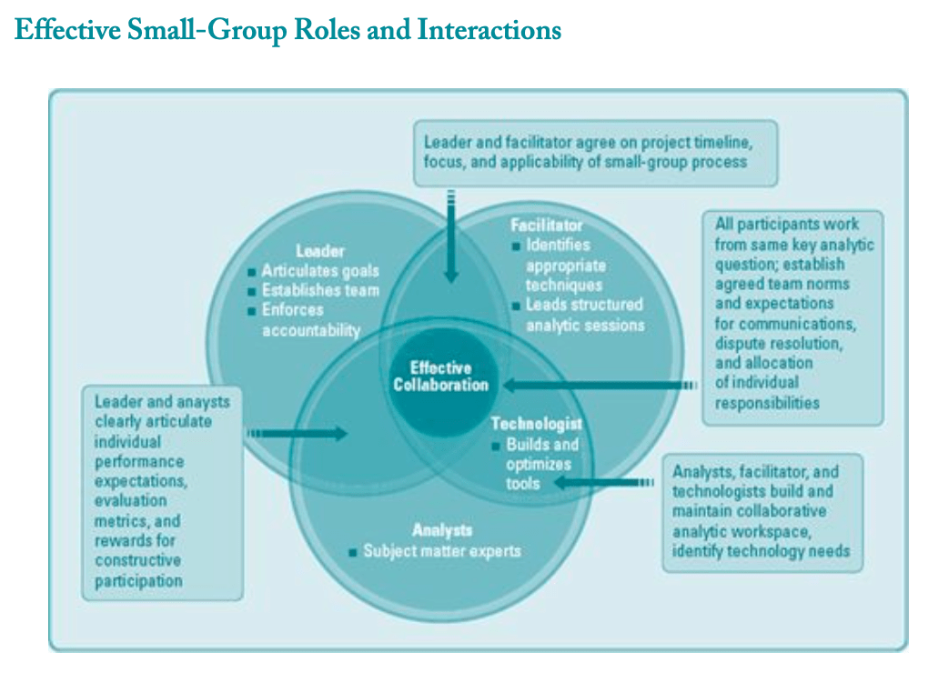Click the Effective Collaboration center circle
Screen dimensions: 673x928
pos(440,377)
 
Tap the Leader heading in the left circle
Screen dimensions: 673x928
pos(320,250)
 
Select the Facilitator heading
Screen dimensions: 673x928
pos(546,225)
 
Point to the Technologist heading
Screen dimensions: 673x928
pos(536,424)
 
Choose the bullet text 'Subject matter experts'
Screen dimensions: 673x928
pos(442,551)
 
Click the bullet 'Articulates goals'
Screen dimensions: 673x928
pos(319,271)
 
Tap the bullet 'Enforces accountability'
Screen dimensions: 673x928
pos(310,320)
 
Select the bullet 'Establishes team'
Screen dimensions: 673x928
pos(319,291)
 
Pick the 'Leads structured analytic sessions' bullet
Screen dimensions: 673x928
pos(583,315)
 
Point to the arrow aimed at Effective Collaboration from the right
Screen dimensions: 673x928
pos(600,386)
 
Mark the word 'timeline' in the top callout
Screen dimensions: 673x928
pos(721,144)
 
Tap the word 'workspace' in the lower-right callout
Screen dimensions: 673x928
pos(792,531)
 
